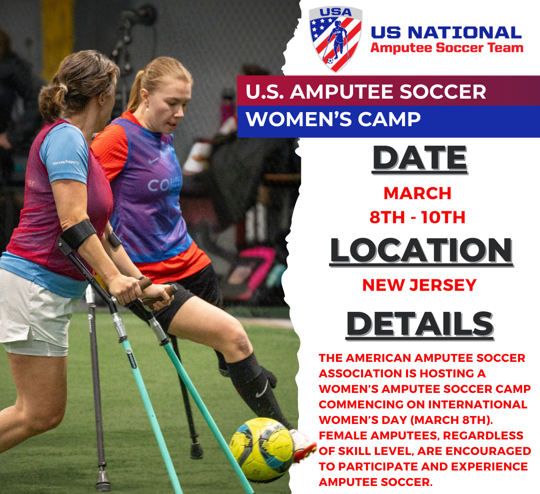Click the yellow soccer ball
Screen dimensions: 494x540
[261, 449]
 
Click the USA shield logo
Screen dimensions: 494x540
[335, 39]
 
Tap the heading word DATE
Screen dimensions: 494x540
[419, 159]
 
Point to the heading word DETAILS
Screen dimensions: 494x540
[420, 324]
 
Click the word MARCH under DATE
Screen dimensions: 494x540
[417, 193]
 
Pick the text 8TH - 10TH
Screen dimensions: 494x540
[417, 217]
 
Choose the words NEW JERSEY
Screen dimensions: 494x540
[419, 285]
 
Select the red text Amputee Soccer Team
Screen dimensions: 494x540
[446, 48]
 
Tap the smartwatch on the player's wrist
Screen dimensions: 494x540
[114, 240]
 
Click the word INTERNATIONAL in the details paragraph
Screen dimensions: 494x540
[480, 403]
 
